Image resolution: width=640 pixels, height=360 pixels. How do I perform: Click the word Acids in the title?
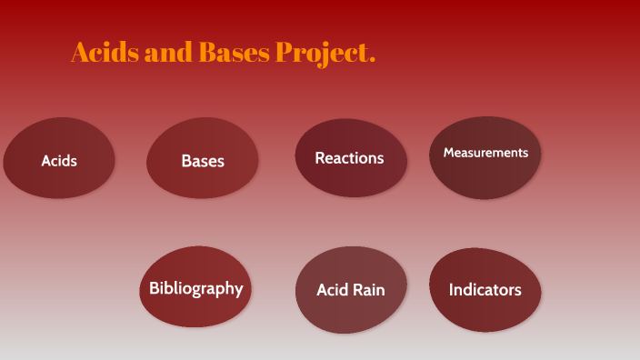point(102,53)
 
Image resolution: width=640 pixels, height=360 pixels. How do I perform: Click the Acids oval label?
point(59,161)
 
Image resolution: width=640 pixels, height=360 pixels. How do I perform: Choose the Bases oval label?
point(203,161)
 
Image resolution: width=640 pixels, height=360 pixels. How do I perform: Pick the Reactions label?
point(349,158)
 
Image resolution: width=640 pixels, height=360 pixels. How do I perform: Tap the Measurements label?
point(485,153)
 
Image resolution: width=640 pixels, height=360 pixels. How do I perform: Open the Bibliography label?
point(196,288)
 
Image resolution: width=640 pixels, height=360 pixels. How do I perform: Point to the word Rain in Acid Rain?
point(367,290)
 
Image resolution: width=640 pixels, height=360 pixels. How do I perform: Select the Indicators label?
point(485,290)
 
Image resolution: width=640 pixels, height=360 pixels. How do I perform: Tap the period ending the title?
point(372,60)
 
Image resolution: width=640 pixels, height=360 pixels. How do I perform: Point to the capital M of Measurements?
point(448,153)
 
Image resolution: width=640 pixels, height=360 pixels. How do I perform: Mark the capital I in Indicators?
point(451,290)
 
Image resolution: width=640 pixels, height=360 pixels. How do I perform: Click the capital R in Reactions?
point(320,158)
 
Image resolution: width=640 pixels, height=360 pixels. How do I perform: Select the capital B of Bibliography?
point(155,288)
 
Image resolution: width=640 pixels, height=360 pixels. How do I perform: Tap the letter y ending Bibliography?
point(238,291)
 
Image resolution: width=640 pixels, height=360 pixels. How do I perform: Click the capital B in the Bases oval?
point(186,161)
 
